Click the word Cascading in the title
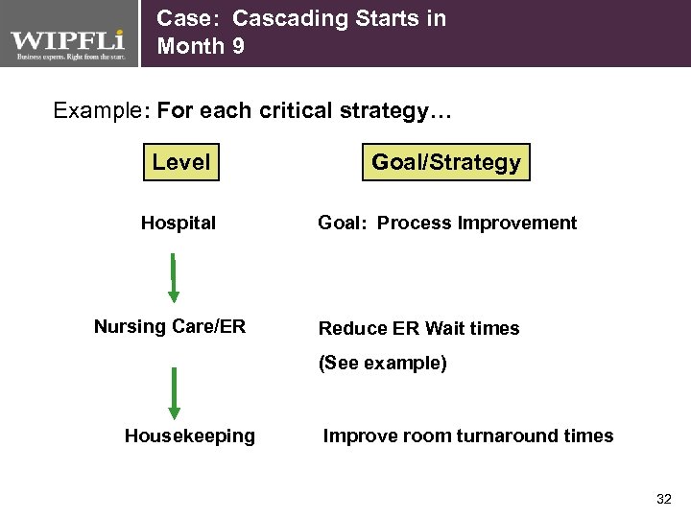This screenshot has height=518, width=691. point(279,18)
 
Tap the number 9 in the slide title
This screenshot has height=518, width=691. point(236,46)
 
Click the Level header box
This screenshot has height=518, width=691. point(180,162)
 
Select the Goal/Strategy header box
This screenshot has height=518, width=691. point(445,162)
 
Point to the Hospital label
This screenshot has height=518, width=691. point(179,224)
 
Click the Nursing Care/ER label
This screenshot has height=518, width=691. point(170,327)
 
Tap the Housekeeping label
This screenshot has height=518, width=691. point(190,436)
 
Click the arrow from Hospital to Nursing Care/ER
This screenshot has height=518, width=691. point(174,278)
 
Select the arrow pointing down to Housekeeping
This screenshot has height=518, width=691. point(174,393)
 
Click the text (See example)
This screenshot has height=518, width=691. point(383,365)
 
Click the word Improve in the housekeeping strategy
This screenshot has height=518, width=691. point(355,436)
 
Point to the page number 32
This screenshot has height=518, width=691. point(663,500)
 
